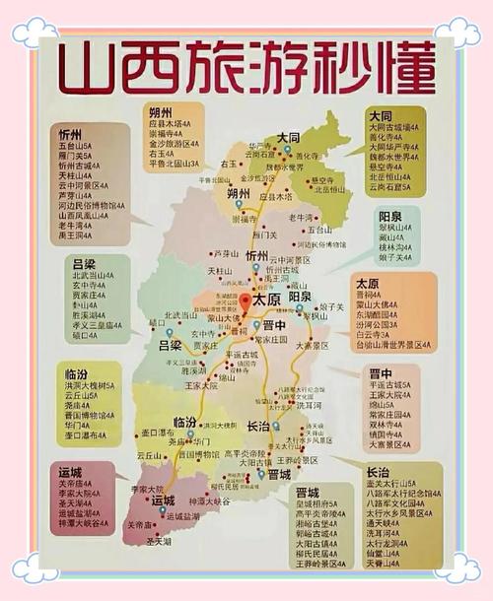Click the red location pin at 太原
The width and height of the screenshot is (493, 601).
pos(246,300)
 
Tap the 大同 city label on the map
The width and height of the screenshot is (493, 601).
pos(288,137)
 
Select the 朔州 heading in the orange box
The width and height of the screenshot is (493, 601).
pos(160,113)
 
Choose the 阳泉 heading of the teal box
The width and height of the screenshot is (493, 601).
pos(390,216)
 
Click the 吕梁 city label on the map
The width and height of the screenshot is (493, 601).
pos(171,346)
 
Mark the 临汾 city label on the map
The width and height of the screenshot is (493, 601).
pos(184,422)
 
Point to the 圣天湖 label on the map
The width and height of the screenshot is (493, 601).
pos(159,540)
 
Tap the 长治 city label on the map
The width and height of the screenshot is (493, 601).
pos(258,426)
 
